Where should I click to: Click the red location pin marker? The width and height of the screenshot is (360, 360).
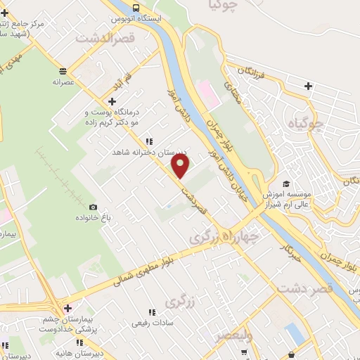[x=181, y=167]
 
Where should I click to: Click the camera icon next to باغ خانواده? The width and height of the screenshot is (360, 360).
[x=93, y=207]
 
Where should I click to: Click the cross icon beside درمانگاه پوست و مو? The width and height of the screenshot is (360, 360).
[x=102, y=103]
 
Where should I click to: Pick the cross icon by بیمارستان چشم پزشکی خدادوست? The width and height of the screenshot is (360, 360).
[x=67, y=307]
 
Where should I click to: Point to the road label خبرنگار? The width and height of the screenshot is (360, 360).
[x=290, y=250]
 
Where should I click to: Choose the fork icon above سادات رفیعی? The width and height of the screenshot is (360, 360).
[x=152, y=311]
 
